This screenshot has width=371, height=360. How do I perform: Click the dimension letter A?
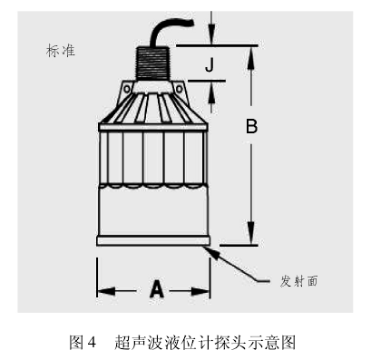(x=156, y=289)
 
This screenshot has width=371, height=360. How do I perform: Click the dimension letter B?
(x=251, y=128)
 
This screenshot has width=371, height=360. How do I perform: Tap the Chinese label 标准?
(x=61, y=51)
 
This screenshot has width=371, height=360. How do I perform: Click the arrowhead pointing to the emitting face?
(x=215, y=245)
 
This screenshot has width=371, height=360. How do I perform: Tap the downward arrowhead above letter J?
(x=211, y=38)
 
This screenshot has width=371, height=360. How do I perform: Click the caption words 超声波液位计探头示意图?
(x=205, y=343)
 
